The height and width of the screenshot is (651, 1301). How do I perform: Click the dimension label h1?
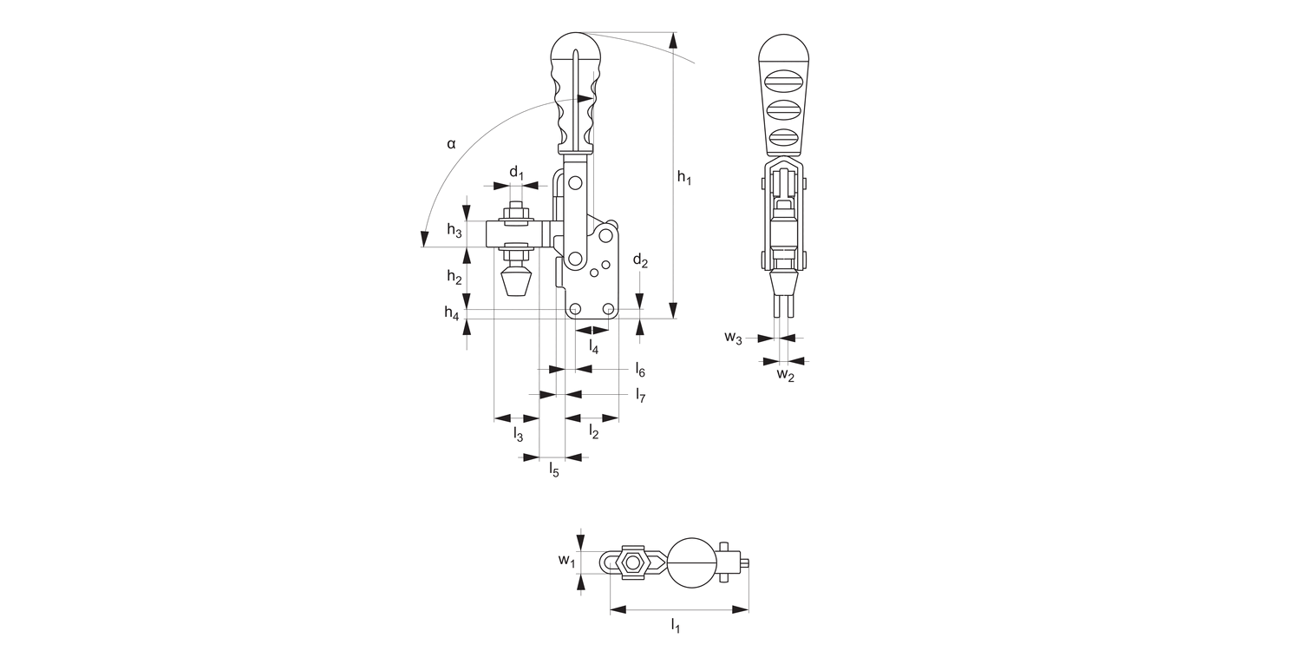click(684, 178)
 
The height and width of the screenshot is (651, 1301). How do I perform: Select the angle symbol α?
click(451, 144)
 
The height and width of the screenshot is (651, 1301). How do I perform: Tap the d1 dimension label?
click(517, 173)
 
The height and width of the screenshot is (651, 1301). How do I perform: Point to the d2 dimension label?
click(640, 260)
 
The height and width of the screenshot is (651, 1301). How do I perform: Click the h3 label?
click(454, 230)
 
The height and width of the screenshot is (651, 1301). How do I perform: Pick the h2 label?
click(454, 277)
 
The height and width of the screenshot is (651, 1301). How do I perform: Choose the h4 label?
click(452, 313)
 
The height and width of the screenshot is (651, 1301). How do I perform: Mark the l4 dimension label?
click(593, 346)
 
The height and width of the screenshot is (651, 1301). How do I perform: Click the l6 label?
click(639, 371)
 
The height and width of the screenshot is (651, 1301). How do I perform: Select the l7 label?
click(639, 396)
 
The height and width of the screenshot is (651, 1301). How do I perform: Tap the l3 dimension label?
click(518, 432)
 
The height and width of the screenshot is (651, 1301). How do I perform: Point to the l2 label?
click(594, 431)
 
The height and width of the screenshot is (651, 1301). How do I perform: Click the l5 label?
click(553, 470)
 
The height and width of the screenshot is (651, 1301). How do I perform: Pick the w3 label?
click(734, 338)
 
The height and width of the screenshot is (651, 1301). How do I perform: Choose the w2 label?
click(785, 375)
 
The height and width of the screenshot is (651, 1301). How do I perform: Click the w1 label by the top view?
click(566, 561)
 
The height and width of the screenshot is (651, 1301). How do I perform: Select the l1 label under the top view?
click(675, 624)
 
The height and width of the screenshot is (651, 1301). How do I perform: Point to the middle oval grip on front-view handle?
click(783, 109)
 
